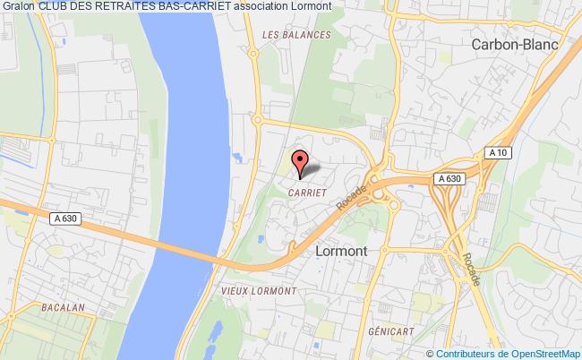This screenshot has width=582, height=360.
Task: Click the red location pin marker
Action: [x=301, y=162]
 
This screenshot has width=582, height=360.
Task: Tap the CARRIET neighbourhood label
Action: [x=306, y=191]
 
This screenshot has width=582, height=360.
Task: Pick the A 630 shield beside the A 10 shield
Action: [x=449, y=179]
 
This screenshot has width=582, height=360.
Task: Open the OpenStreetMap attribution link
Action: [x=541, y=353]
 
